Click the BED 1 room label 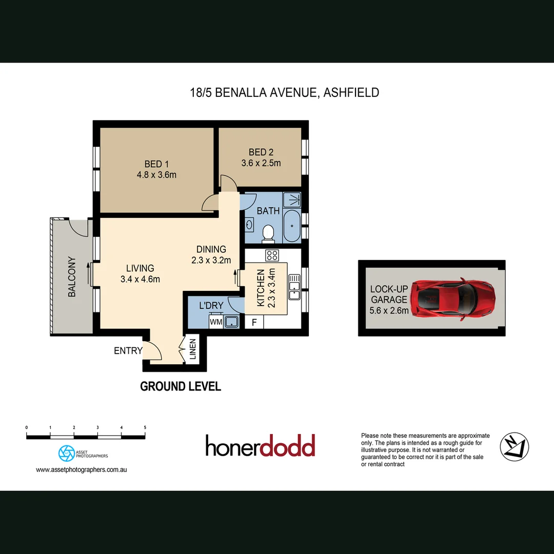(x=156, y=164)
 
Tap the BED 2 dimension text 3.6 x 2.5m (x=261, y=163)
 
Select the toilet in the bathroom (x=268, y=234)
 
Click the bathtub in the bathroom (x=292, y=226)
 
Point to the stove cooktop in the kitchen (x=271, y=254)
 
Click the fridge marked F (x=254, y=323)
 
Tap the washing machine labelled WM (x=215, y=322)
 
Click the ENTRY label (x=128, y=351)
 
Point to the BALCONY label (x=72, y=276)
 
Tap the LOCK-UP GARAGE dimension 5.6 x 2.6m (x=389, y=310)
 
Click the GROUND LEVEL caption (x=181, y=386)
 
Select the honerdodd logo (x=260, y=446)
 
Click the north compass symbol (x=515, y=447)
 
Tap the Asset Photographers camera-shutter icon (x=66, y=453)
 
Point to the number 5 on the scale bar (x=145, y=427)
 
